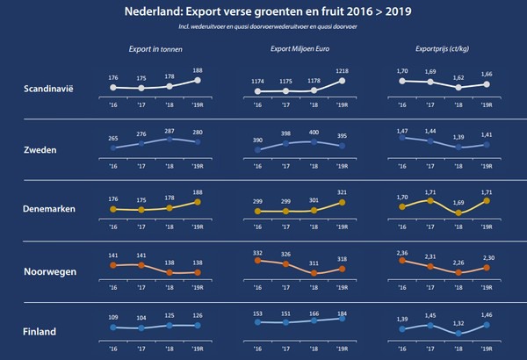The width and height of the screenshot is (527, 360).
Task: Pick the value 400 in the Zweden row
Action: tap(314, 130)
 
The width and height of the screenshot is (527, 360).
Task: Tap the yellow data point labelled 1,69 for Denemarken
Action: tap(458, 212)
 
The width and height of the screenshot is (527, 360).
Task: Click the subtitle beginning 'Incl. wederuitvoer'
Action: tap(263, 28)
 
